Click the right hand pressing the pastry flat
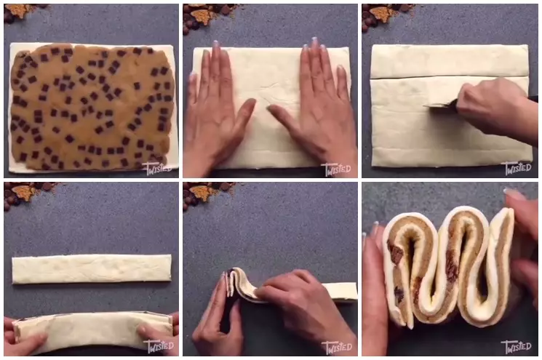point(309,109)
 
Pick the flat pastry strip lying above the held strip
point(92,268)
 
